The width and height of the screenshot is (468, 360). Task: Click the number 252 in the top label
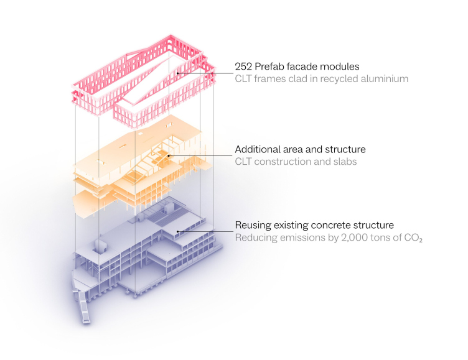click(x=243, y=67)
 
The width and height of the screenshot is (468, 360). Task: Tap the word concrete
click(x=331, y=225)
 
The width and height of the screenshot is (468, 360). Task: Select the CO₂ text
click(x=413, y=238)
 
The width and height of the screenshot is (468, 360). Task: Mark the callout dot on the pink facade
click(x=177, y=73)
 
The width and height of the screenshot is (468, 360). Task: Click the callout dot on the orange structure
click(x=169, y=155)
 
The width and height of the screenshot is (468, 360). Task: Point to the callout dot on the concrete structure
click(x=177, y=231)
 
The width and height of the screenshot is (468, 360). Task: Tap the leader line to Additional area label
click(x=200, y=155)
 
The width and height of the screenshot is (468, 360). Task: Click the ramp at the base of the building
click(x=85, y=307)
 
